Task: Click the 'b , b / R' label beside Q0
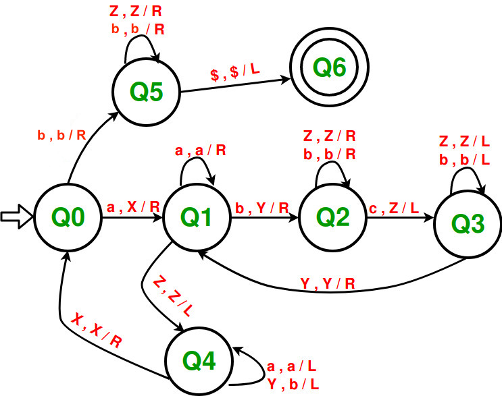tap(61, 134)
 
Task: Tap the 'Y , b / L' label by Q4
tap(293, 383)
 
